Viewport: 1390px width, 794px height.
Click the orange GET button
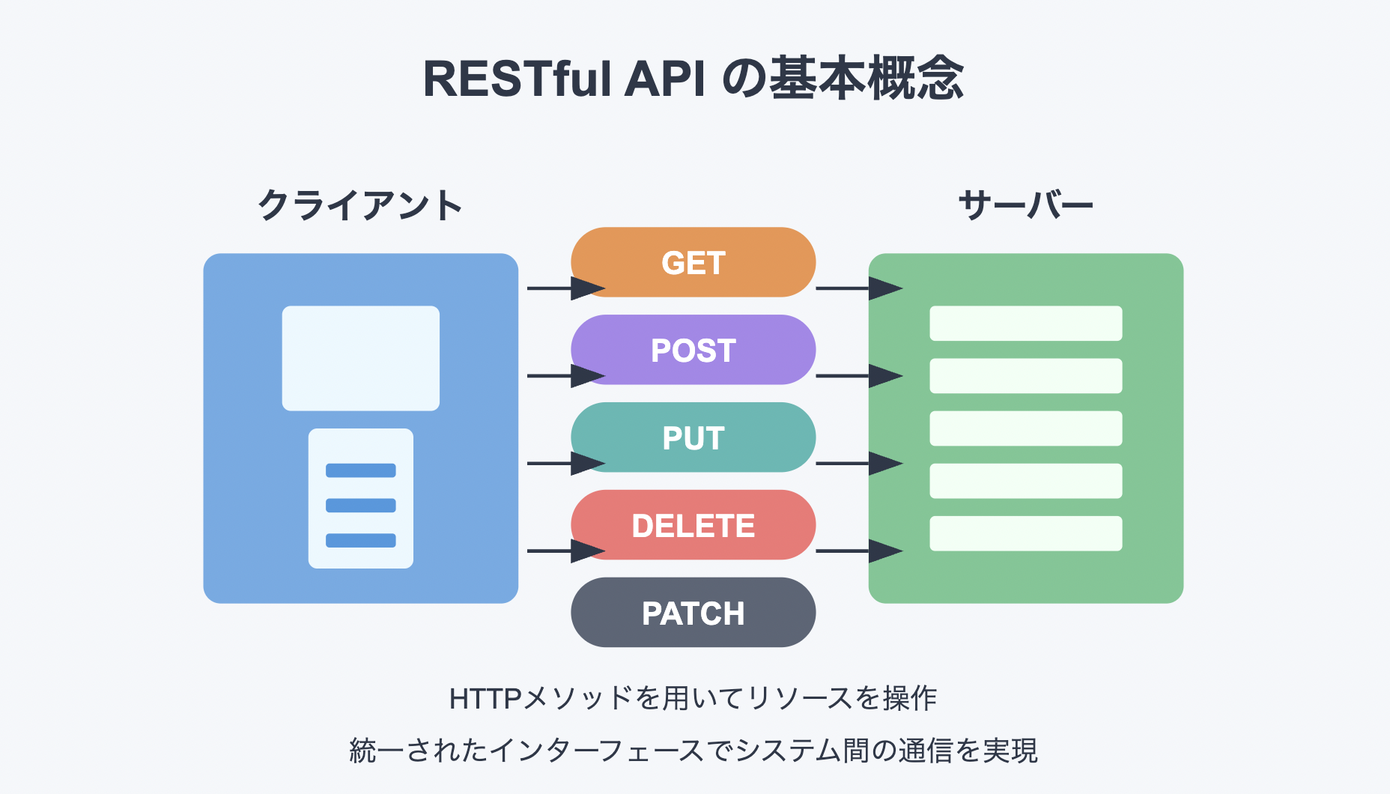tap(693, 262)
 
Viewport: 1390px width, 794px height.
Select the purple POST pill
tap(693, 350)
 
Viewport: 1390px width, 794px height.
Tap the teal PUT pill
tap(693, 437)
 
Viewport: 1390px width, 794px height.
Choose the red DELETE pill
tap(693, 525)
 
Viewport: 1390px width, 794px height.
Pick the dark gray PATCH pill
tap(693, 613)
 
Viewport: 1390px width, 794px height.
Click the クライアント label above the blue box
tap(360, 205)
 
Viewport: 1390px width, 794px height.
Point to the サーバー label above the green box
tap(1025, 205)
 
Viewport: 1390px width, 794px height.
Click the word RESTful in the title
tap(517, 79)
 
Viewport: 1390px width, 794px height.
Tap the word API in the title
tap(665, 79)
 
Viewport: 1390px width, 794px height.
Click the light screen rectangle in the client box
tap(360, 358)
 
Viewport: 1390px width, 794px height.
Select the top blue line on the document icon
tap(360, 470)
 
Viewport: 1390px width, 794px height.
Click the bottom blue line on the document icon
tap(360, 540)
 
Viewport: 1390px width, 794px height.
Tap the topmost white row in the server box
tap(1025, 323)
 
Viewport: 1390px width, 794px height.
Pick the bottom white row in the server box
tap(1025, 533)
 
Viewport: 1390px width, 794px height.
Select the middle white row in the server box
tap(1025, 428)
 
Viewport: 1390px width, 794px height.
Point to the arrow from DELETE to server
tap(858, 551)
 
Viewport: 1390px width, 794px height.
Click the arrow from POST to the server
tap(858, 375)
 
